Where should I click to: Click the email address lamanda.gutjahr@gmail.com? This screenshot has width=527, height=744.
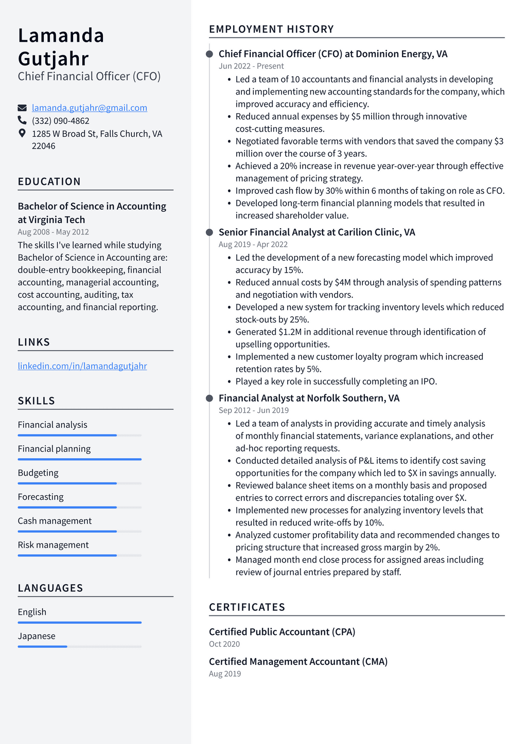click(x=90, y=108)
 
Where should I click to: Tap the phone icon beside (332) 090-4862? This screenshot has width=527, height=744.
click(x=22, y=120)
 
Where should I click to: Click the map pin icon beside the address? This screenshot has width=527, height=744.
click(x=22, y=133)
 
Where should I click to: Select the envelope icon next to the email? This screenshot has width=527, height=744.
click(x=22, y=108)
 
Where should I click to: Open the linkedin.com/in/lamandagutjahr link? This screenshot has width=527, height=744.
click(x=82, y=366)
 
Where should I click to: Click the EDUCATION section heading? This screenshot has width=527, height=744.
click(x=49, y=182)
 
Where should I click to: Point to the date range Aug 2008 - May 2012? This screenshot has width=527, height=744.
click(x=53, y=232)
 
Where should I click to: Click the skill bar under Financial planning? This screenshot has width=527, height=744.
click(x=79, y=459)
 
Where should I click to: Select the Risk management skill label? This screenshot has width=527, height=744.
click(x=53, y=545)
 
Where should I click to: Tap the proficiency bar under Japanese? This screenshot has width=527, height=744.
click(x=79, y=646)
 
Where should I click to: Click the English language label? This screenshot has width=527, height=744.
click(x=32, y=612)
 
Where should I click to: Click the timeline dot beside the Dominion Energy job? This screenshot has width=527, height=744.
click(x=209, y=54)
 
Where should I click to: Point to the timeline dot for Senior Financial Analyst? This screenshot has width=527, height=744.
click(x=209, y=232)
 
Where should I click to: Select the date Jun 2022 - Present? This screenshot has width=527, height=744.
click(x=251, y=66)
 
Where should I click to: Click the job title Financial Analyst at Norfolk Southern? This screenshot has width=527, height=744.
click(x=309, y=398)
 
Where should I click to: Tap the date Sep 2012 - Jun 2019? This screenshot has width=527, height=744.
click(x=253, y=410)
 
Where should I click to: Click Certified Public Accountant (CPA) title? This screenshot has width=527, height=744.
click(x=282, y=632)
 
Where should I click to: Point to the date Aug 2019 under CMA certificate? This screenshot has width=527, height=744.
click(x=224, y=674)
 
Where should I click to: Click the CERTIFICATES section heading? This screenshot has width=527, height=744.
click(x=247, y=607)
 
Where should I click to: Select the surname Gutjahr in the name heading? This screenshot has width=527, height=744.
click(x=54, y=59)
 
